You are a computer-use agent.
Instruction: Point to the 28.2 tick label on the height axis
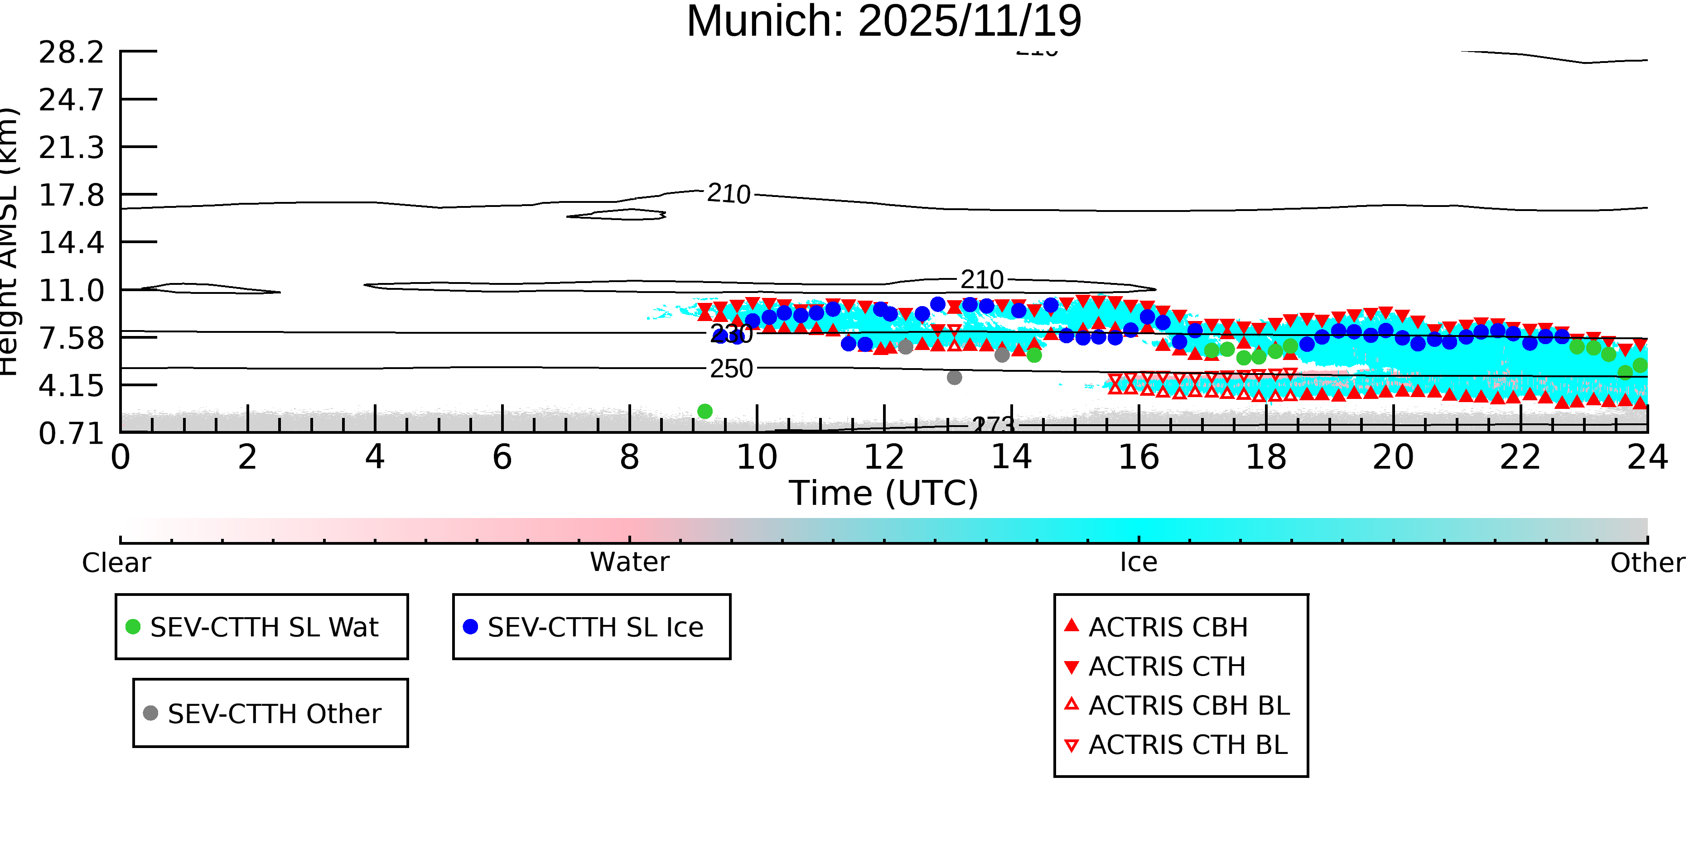coord(71,52)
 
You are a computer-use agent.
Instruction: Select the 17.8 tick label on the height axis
coord(71,195)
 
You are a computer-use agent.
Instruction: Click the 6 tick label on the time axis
coord(502,457)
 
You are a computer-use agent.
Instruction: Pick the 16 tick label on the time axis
coord(1139,457)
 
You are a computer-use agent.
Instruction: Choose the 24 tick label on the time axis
coord(1647,457)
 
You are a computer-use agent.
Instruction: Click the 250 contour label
coord(731,369)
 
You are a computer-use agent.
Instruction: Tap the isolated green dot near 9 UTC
coord(705,411)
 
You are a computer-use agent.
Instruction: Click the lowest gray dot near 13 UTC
coord(954,378)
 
